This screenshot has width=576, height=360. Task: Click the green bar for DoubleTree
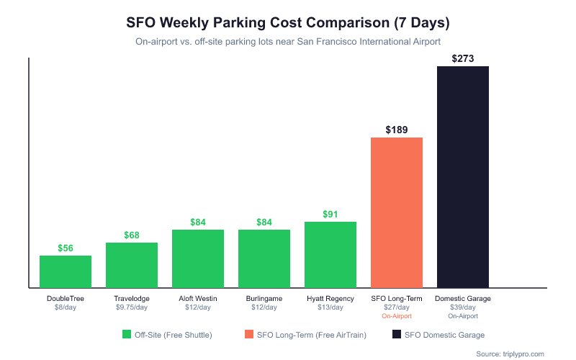(x=66, y=271)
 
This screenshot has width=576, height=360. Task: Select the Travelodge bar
(x=132, y=265)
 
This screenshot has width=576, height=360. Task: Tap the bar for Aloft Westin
(x=198, y=258)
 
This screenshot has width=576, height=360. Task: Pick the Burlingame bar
(x=264, y=258)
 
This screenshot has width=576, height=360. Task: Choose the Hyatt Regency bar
(x=330, y=254)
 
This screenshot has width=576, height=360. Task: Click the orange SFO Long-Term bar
(x=397, y=212)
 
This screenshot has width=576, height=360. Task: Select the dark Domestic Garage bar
(x=463, y=177)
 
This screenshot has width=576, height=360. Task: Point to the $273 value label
(x=463, y=58)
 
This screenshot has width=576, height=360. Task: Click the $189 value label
(x=397, y=130)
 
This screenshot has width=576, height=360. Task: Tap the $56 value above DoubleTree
(x=66, y=248)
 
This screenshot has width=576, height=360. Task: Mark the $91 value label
(x=330, y=214)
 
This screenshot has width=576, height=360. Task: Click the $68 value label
(x=132, y=235)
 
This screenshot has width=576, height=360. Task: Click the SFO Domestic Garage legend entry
(x=438, y=335)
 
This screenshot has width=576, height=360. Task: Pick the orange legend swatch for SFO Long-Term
(x=249, y=335)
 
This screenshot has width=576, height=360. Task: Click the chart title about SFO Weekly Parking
(x=288, y=23)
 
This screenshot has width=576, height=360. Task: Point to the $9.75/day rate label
(x=132, y=307)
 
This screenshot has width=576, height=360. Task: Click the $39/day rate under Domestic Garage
(x=463, y=307)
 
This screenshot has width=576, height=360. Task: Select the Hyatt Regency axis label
(x=330, y=298)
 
